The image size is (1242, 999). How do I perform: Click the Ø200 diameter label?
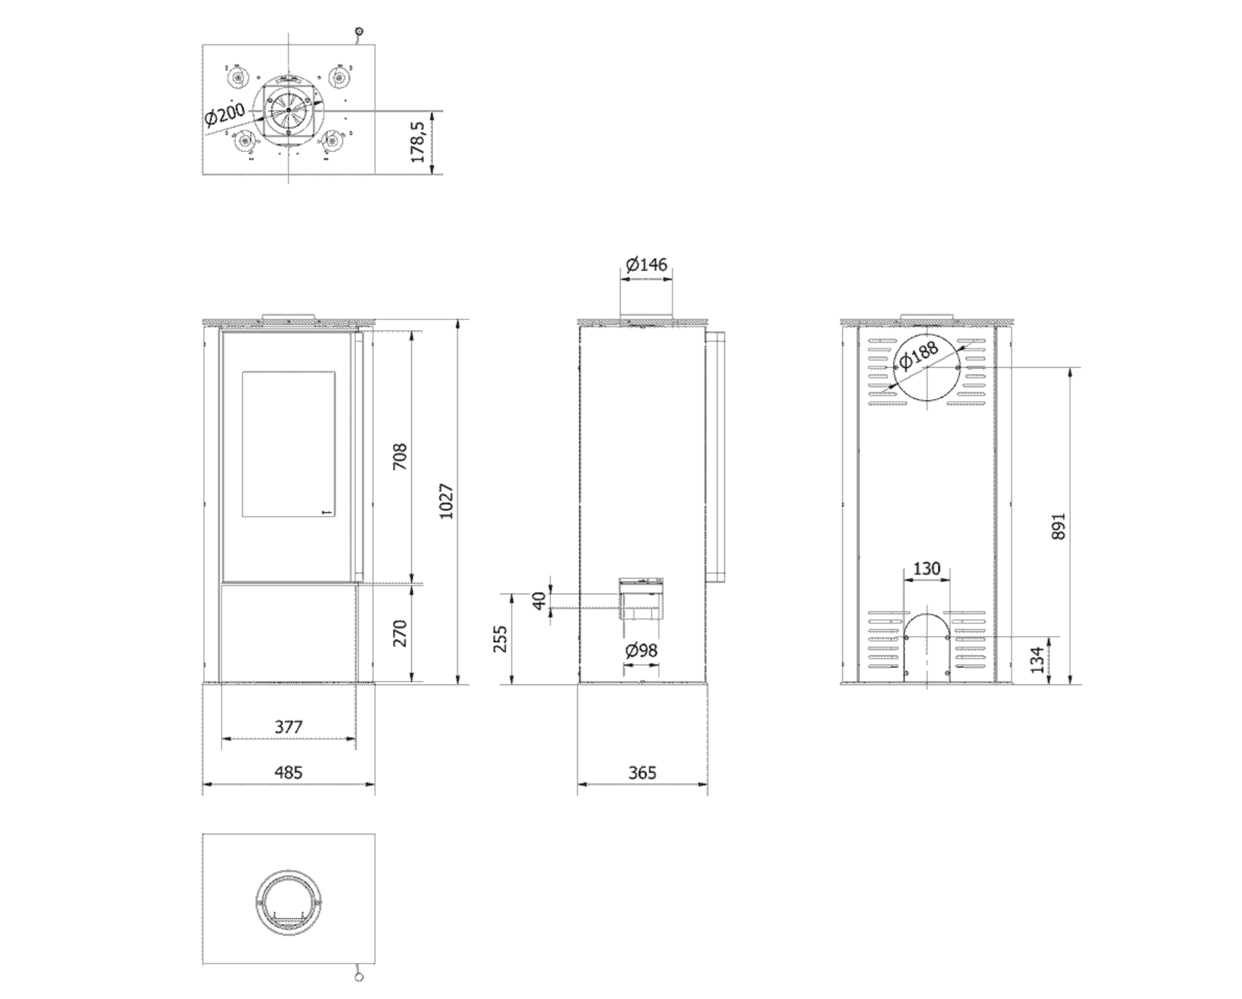[224, 114]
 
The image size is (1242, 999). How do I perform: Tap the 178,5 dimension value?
[417, 142]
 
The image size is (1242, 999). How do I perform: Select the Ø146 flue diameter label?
[646, 264]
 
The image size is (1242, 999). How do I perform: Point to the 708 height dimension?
[400, 457]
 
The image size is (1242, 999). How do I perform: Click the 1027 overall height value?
[445, 502]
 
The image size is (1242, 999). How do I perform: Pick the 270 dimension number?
[400, 633]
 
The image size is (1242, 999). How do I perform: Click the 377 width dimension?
[289, 727]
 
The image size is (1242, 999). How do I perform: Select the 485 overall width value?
[289, 772]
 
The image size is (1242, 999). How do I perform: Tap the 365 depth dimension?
[642, 772]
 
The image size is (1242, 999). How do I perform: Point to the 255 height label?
[501, 639]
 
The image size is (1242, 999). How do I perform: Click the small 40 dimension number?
[539, 601]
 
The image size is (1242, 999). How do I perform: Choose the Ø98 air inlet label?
[641, 650]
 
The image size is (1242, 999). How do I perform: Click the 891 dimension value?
[1058, 527]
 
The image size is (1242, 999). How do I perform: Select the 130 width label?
[926, 568]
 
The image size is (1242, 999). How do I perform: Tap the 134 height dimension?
[1037, 660]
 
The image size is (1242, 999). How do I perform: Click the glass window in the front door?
[289, 444]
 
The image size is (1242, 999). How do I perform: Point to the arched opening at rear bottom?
[926, 613]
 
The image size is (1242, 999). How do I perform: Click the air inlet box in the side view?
[641, 599]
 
